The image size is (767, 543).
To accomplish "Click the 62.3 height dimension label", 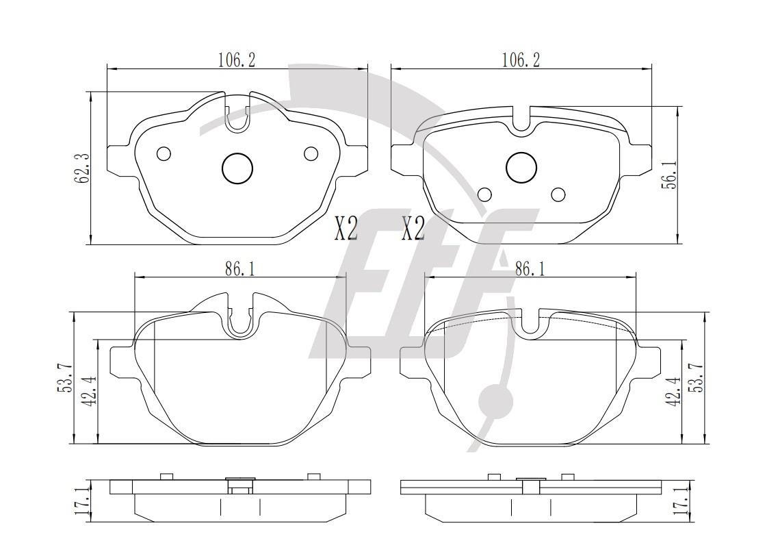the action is (x=81, y=168).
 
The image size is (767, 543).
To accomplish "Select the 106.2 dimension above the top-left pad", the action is (x=237, y=60).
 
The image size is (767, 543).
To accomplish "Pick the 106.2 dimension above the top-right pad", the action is (x=521, y=60).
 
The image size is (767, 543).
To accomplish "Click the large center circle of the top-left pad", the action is (x=237, y=168).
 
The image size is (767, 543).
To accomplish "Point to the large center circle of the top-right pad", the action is (x=521, y=168).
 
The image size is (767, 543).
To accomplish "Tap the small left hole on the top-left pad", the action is (x=164, y=154).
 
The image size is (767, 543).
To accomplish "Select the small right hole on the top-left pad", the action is (x=311, y=154).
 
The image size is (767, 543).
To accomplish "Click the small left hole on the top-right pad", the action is (x=484, y=194).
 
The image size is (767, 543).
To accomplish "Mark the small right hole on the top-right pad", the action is (x=558, y=194).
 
